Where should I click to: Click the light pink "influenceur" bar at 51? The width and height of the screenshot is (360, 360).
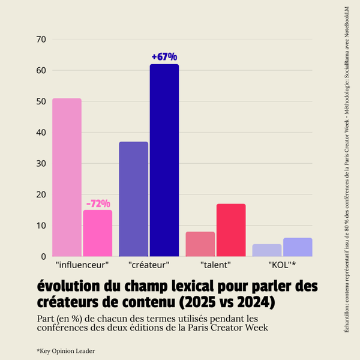(67, 177)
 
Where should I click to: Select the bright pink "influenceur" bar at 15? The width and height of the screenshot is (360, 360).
(97, 233)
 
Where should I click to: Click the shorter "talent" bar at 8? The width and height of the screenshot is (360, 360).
(200, 244)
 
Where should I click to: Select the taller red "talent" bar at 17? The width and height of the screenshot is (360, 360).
(231, 230)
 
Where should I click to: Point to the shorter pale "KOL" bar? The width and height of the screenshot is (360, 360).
(267, 250)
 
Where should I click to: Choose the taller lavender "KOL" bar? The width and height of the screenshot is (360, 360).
(298, 247)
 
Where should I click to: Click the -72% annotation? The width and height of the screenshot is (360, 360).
(98, 203)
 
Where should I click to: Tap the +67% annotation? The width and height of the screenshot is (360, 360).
(164, 57)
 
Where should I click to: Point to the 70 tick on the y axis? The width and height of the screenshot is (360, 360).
(41, 40)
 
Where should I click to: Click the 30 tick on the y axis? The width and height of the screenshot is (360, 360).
(41, 163)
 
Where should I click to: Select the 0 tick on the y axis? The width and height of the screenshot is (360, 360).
(44, 256)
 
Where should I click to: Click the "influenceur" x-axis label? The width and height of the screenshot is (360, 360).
(82, 265)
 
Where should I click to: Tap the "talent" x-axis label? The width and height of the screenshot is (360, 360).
(215, 265)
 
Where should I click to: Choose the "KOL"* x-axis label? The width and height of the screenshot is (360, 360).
(282, 265)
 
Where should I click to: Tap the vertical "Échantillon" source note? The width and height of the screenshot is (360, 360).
(347, 180)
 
